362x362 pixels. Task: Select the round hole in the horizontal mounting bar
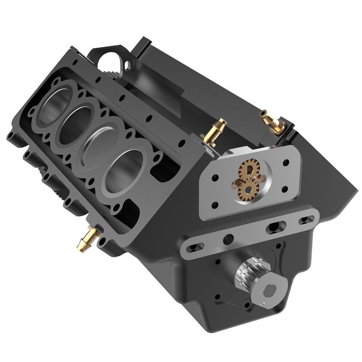tap(227, 237)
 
